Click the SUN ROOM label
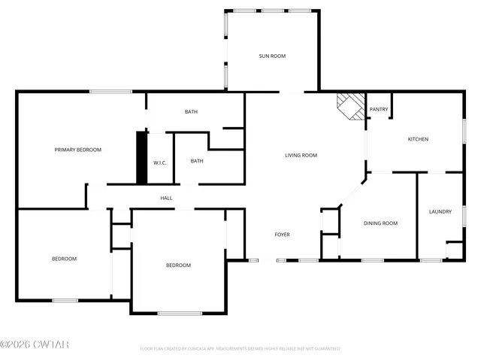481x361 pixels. [x=272, y=56]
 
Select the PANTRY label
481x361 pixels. [x=379, y=110]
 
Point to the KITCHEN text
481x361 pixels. [x=418, y=139]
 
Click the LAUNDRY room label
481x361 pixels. [x=440, y=212]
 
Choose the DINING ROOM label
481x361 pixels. [x=380, y=223]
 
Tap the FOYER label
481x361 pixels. [x=282, y=235]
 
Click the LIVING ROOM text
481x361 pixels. [x=301, y=156]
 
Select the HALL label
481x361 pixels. [x=166, y=198]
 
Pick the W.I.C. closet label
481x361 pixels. [x=159, y=162]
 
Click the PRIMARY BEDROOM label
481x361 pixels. [x=77, y=150]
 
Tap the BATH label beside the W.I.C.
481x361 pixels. [x=197, y=161]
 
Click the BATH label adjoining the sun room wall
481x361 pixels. [x=191, y=112]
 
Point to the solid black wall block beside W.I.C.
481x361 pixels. [x=141, y=157]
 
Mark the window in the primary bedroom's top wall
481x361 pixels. [x=111, y=92]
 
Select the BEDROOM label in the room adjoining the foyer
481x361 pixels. [x=178, y=265]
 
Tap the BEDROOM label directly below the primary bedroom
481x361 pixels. [x=64, y=259]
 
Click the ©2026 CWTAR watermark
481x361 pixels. [x=35, y=344]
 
